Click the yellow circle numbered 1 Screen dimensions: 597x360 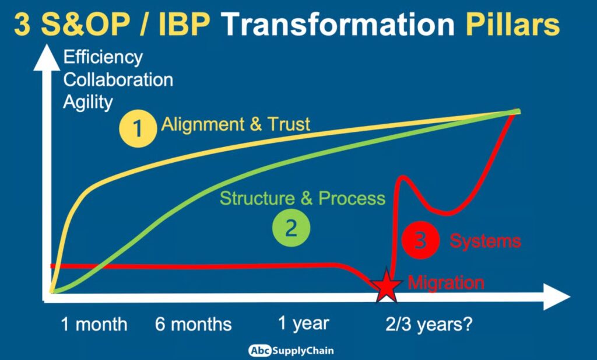[138, 128]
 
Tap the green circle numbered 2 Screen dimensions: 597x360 [291, 228]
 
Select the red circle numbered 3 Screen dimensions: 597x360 [421, 240]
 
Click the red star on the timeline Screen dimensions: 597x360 [387, 286]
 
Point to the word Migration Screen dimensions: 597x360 [446, 282]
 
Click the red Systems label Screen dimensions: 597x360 [485, 241]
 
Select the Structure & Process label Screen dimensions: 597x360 [303, 198]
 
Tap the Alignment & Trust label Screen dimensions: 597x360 [236, 124]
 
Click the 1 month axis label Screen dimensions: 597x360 [94, 324]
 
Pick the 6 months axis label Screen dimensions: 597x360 [194, 324]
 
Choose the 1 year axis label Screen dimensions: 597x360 [303, 323]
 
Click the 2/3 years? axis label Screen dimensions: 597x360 [429, 324]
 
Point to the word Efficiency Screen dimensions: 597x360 [103, 58]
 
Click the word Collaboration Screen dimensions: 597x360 [118, 80]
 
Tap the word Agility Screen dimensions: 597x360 [88, 102]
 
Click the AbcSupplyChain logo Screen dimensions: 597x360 [291, 351]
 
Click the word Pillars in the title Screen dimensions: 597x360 [512, 25]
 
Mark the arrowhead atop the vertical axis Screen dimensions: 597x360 [47, 57]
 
